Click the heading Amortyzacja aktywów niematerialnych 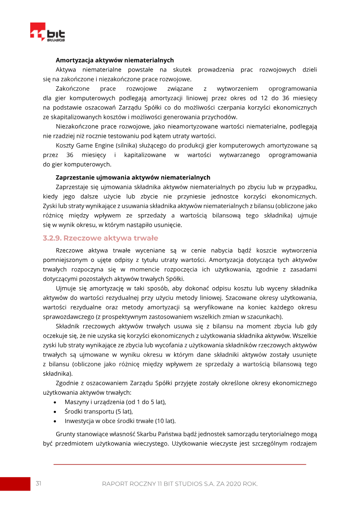[x=114, y=60]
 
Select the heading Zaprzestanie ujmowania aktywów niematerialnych [x=133, y=177]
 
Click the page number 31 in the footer [x=39, y=483]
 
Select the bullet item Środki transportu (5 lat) [x=99, y=411]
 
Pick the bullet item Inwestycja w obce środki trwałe [x=120, y=421]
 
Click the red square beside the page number [x=15, y=483]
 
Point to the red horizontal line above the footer [x=180, y=464]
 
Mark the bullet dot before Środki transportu [x=55, y=412]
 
